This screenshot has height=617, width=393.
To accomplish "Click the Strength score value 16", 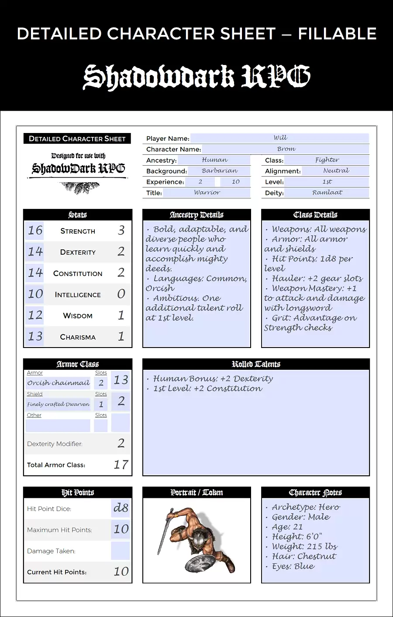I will coord(35,230).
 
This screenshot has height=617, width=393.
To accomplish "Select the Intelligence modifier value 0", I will coord(121,294).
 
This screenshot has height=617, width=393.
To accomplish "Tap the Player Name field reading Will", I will coord(280,138).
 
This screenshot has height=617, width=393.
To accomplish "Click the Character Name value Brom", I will coord(286,149).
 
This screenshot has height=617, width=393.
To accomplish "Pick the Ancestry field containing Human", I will coord(215,160).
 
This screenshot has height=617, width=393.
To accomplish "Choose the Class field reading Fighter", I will coord(327,160).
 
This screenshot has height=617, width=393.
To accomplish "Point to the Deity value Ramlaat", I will coord(327,192).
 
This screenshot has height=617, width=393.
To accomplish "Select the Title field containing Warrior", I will coord(207,192).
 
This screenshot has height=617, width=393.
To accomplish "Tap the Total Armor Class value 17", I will coord(121,465).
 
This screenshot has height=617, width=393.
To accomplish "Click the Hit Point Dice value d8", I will coord(121,508).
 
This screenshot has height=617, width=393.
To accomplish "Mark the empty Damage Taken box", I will coord(121,551).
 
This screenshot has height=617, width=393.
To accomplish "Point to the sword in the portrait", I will coord(165,531).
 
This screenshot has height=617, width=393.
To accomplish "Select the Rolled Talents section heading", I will coord(256,364).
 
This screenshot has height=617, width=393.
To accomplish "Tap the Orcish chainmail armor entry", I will coord(58,383).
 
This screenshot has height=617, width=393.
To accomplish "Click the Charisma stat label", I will coord(78,337).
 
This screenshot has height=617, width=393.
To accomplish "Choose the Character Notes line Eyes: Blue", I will coord(293,566).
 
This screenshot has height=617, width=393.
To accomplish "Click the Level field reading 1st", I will coord(327,182).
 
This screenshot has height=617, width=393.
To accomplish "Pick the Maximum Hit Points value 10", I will coord(121,529).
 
